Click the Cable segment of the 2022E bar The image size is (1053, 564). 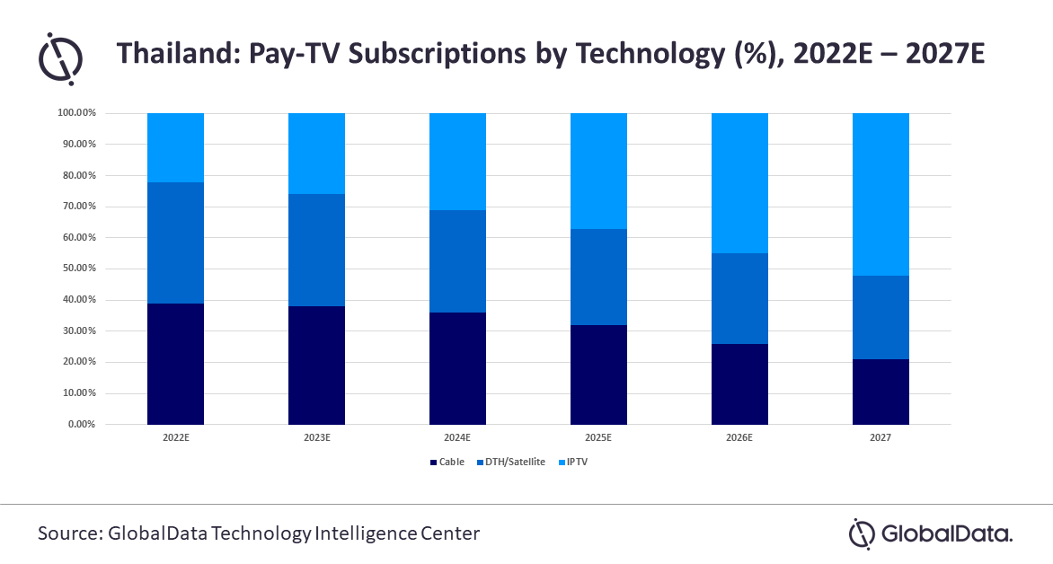click(175, 364)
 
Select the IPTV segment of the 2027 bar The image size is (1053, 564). click(880, 194)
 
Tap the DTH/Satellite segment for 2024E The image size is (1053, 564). click(457, 261)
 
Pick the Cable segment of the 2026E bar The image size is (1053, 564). click(739, 383)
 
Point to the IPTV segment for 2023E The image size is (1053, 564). click(316, 154)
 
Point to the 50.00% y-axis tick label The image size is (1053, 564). click(76, 269)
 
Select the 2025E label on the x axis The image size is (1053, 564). click(598, 438)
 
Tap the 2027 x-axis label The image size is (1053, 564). click(880, 438)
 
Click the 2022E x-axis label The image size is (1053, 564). click(175, 438)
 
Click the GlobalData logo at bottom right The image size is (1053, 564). click(931, 534)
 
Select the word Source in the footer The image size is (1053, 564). click(68, 533)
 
